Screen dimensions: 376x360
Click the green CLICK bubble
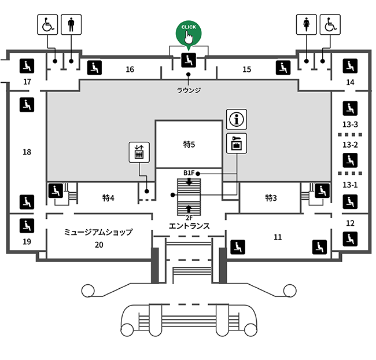[x=189, y=33]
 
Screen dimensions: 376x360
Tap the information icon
[x=237, y=119]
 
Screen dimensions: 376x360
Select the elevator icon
[x=139, y=152]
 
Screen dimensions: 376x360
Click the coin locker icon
[x=237, y=144]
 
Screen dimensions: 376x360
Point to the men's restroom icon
[x=71, y=24]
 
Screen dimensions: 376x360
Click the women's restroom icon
[x=306, y=24]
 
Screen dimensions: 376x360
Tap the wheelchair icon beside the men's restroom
[x=47, y=24]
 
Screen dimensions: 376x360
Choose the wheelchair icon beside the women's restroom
[x=330, y=24]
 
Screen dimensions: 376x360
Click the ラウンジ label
[x=189, y=90]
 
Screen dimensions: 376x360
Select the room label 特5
[x=189, y=145]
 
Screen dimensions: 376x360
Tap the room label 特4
[x=108, y=198]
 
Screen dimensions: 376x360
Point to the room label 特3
[x=271, y=198]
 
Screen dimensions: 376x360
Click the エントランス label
[x=189, y=226]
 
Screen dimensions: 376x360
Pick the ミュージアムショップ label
[x=98, y=232]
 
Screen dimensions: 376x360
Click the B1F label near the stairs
[x=189, y=173]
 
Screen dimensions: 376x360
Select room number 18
[x=27, y=152]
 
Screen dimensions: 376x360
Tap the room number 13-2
[x=350, y=145]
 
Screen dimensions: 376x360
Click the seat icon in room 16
[x=94, y=68]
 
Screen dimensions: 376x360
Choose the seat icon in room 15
[x=283, y=68]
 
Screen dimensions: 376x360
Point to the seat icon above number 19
[x=27, y=226]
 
